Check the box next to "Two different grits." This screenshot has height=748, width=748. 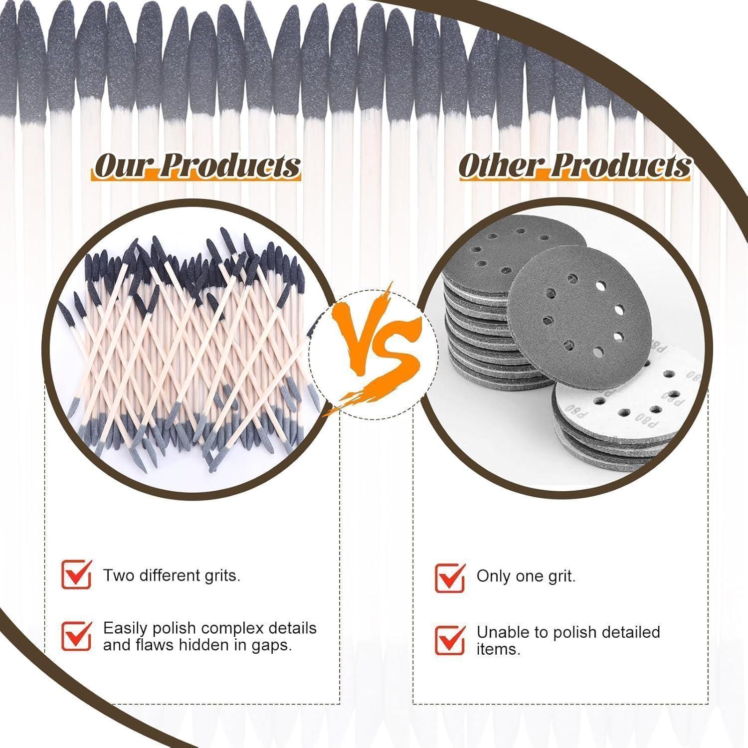(76, 574)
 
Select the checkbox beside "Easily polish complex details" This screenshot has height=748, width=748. (76, 636)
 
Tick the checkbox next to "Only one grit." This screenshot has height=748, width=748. (450, 577)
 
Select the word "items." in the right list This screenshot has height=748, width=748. (498, 650)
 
